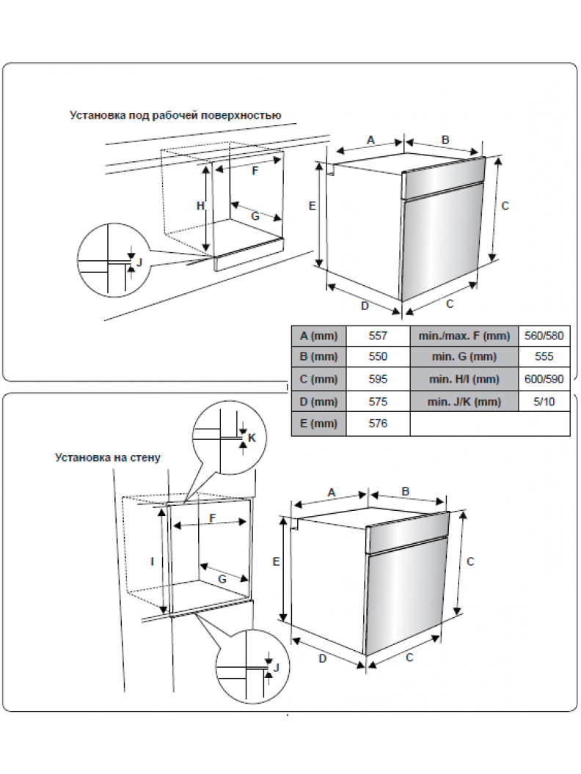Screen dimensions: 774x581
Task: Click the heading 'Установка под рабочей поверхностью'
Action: (x=175, y=115)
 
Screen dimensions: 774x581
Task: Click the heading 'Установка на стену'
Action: (x=108, y=457)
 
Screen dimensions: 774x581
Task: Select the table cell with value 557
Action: (x=378, y=336)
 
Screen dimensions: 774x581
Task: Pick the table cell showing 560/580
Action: (x=544, y=336)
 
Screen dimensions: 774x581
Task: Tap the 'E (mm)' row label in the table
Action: (x=319, y=423)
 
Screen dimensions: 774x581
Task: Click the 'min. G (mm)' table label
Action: (x=464, y=357)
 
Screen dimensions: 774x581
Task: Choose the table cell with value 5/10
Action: (x=544, y=401)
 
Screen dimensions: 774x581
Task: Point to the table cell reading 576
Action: (x=378, y=423)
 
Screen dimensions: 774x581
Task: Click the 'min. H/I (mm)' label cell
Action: (x=464, y=379)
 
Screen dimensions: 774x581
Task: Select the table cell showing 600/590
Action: (x=544, y=379)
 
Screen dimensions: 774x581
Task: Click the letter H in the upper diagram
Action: (x=200, y=206)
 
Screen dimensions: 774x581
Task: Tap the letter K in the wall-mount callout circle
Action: (x=252, y=438)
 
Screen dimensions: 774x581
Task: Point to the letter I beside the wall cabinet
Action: (x=152, y=561)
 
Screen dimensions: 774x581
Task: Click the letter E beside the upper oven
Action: (x=312, y=206)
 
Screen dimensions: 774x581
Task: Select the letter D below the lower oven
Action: (x=322, y=658)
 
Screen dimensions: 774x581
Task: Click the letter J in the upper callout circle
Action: (x=139, y=262)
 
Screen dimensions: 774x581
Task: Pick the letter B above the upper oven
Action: (x=445, y=139)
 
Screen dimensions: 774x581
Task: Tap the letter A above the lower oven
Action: (x=331, y=493)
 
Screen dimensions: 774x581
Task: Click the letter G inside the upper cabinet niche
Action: (x=255, y=215)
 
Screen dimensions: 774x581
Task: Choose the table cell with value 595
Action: (x=378, y=379)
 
